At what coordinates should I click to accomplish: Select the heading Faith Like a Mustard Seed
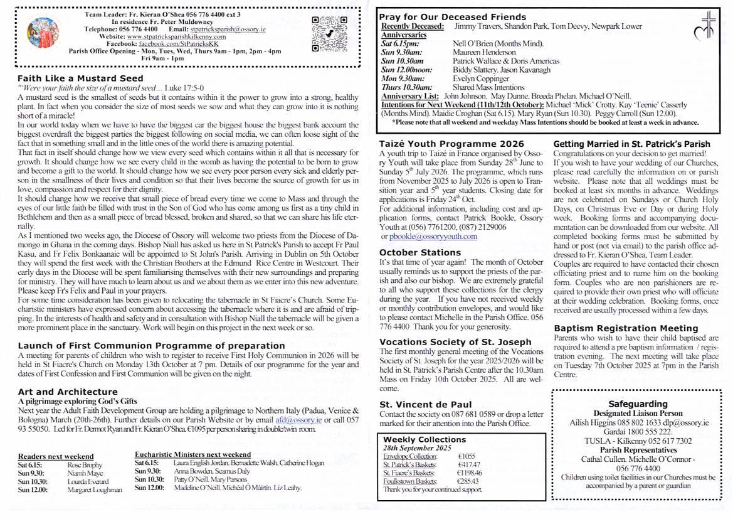[x=80, y=78]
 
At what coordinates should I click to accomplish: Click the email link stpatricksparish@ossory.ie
[x=228, y=29]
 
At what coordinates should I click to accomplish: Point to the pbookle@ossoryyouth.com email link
[x=433, y=237]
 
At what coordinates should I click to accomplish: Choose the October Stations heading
[x=419, y=252]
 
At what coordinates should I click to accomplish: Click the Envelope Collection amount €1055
[x=467, y=456]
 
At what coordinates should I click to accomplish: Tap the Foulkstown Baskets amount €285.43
[x=468, y=481]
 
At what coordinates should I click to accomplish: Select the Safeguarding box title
[x=638, y=404]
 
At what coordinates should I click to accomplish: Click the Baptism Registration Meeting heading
[x=626, y=328]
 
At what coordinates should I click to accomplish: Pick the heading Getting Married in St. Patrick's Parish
[x=631, y=144]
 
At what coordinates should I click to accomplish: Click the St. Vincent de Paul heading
[x=425, y=405]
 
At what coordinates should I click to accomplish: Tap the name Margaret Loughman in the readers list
[x=94, y=489]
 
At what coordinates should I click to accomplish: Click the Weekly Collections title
[x=425, y=439]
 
